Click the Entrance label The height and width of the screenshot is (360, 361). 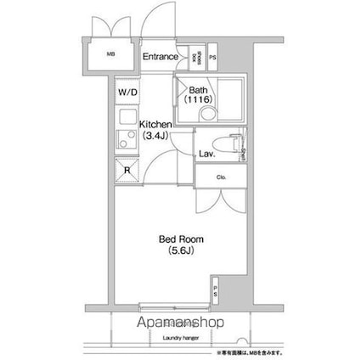click(x=159, y=57)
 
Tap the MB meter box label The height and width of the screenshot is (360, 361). click(x=110, y=58)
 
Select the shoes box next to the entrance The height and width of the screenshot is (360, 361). click(x=196, y=57)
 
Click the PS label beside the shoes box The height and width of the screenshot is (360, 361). click(x=212, y=57)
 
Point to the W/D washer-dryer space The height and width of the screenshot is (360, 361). click(x=125, y=93)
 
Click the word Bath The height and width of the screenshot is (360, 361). click(x=199, y=90)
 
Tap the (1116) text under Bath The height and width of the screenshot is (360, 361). click(x=199, y=100)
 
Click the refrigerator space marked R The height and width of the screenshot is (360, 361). click(x=126, y=168)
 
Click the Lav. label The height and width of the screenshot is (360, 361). click(x=206, y=155)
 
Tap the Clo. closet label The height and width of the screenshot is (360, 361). click(x=220, y=177)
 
